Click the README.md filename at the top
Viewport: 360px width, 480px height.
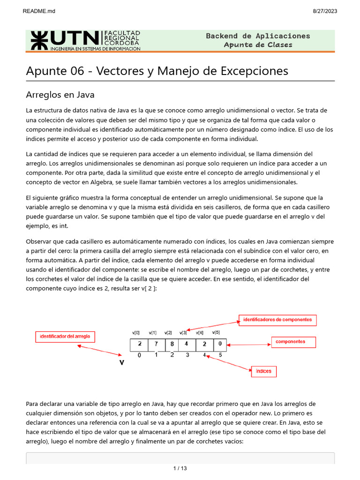click(39, 11)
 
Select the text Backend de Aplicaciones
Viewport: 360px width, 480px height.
click(258, 36)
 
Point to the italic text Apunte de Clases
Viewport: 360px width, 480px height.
click(258, 45)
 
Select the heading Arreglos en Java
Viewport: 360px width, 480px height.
click(60, 95)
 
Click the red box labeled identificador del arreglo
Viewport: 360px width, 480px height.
click(66, 337)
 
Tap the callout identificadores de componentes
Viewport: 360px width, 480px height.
click(277, 320)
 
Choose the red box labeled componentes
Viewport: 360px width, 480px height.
click(293, 342)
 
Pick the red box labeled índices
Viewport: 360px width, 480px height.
click(263, 371)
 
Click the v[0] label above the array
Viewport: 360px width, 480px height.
click(136, 332)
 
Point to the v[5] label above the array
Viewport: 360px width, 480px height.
click(216, 332)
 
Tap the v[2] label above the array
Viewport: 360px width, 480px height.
click(168, 332)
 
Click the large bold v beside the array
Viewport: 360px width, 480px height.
click(121, 362)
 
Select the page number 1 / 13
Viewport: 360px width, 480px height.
click(180, 468)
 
